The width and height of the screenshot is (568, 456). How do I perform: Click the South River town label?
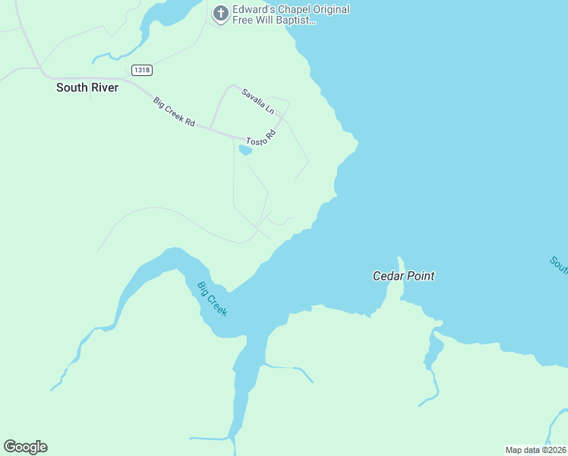pyautogui.click(x=87, y=87)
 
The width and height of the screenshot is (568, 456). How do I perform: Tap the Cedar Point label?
pyautogui.click(x=403, y=276)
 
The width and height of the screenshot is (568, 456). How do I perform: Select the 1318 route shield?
pyautogui.click(x=141, y=70)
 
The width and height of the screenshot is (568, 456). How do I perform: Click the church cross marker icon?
pyautogui.click(x=220, y=14)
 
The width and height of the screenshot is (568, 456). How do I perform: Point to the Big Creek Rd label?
pyautogui.click(x=174, y=111)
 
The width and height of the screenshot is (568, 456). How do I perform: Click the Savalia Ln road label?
pyautogui.click(x=257, y=101)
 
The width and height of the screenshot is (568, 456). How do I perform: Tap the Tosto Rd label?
pyautogui.click(x=260, y=138)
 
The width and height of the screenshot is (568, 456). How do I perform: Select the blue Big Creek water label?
pyautogui.click(x=212, y=299)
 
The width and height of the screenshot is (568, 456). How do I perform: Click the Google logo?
pyautogui.click(x=25, y=446)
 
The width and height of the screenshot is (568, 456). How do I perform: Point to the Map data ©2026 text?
pyautogui.click(x=535, y=449)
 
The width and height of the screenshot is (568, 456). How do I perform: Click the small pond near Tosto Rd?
pyautogui.click(x=245, y=150)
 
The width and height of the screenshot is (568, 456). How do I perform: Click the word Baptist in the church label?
pyautogui.click(x=295, y=21)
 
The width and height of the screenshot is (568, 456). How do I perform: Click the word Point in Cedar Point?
pyautogui.click(x=421, y=276)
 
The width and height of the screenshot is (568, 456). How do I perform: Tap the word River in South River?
pyautogui.click(x=104, y=87)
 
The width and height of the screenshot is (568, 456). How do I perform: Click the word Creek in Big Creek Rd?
pyautogui.click(x=175, y=112)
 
